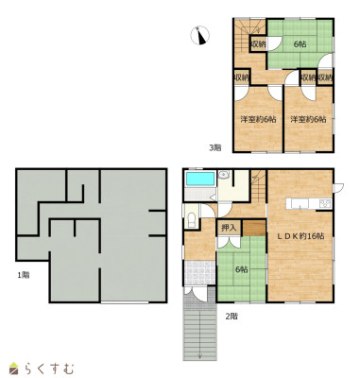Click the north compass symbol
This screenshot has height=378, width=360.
coord(199,35)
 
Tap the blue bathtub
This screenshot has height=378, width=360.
coord(200,179)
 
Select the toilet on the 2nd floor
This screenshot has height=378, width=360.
coord(192,219)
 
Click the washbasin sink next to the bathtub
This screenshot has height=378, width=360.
coord(223,174)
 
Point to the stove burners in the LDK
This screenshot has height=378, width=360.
coord(325,204)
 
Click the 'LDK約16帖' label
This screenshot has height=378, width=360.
coord(300,236)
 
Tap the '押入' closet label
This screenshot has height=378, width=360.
coord(229,228)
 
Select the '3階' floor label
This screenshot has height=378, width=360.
coord(215,147)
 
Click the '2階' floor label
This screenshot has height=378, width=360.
coord(231,317)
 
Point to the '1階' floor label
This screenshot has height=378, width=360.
coord(24,275)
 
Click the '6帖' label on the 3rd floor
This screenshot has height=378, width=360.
coord(300,44)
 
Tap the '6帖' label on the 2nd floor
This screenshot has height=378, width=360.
coord(242,269)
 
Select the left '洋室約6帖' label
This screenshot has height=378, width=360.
coord(259,120)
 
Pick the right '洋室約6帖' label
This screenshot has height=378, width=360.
coord(308,120)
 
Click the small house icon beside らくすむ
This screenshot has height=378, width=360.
coord(13,369)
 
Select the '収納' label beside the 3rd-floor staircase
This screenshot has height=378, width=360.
coord(258,44)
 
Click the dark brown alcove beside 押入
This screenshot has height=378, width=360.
coord(254,228)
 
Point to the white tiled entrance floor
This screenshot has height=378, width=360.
coord(199,273)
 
